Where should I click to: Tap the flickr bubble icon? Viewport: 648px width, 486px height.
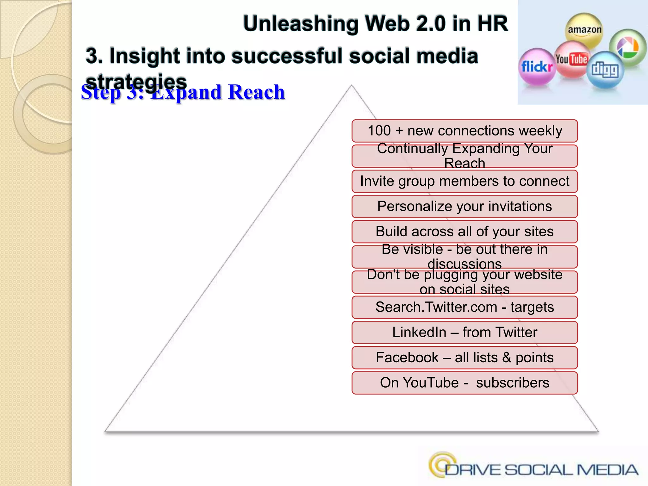point(537,67)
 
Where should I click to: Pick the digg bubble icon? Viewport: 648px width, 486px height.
point(605,70)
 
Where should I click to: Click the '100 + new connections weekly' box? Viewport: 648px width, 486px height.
point(464,131)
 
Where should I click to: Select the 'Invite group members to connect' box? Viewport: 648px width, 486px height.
point(464,181)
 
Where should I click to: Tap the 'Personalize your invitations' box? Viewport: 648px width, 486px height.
point(464,206)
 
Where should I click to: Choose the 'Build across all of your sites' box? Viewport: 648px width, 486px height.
point(464,232)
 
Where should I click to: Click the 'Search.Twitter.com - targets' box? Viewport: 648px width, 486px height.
point(464,307)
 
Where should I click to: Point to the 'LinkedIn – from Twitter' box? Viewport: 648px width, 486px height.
point(464,332)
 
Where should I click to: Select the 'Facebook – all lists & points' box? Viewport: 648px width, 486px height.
point(464,358)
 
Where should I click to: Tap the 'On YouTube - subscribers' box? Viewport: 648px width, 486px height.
point(464,383)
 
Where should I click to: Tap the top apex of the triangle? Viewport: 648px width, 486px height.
point(351,85)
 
